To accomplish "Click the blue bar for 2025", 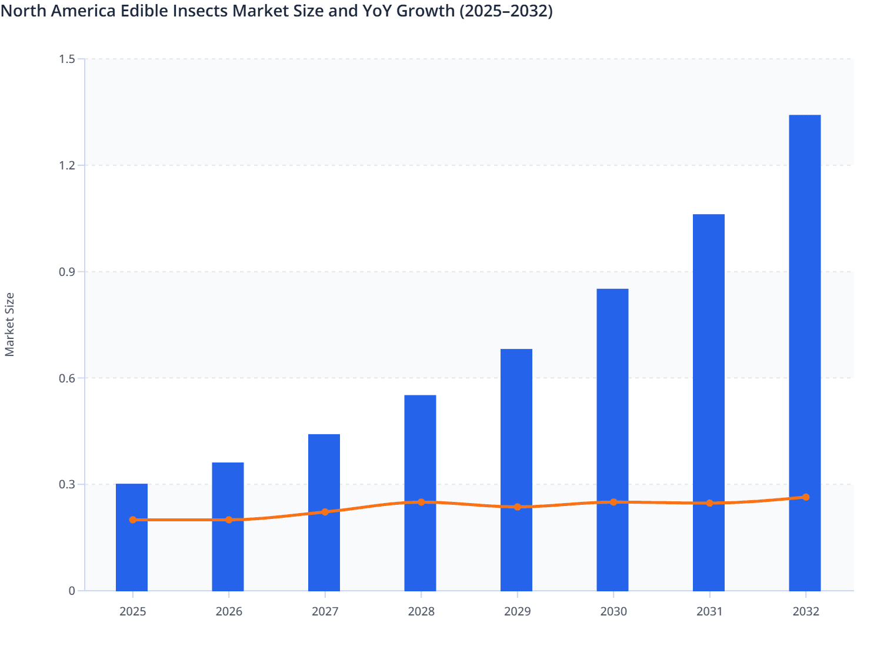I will point(132,553).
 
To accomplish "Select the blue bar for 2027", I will point(324,471).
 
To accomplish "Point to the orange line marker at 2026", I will point(229,520).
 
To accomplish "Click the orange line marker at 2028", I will point(421,502).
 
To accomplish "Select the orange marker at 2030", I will point(613,502).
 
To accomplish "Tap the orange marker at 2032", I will point(806,497).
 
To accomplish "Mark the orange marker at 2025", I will point(133,520).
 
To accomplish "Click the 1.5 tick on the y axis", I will point(67,59).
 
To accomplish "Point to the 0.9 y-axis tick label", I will point(67,272).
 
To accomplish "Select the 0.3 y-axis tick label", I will point(67,484).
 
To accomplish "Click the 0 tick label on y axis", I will point(72,591).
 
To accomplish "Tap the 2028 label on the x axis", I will point(421,611).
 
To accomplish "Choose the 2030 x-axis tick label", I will point(613,611).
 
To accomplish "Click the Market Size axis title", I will point(9,324).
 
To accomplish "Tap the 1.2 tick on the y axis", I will point(67,165).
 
